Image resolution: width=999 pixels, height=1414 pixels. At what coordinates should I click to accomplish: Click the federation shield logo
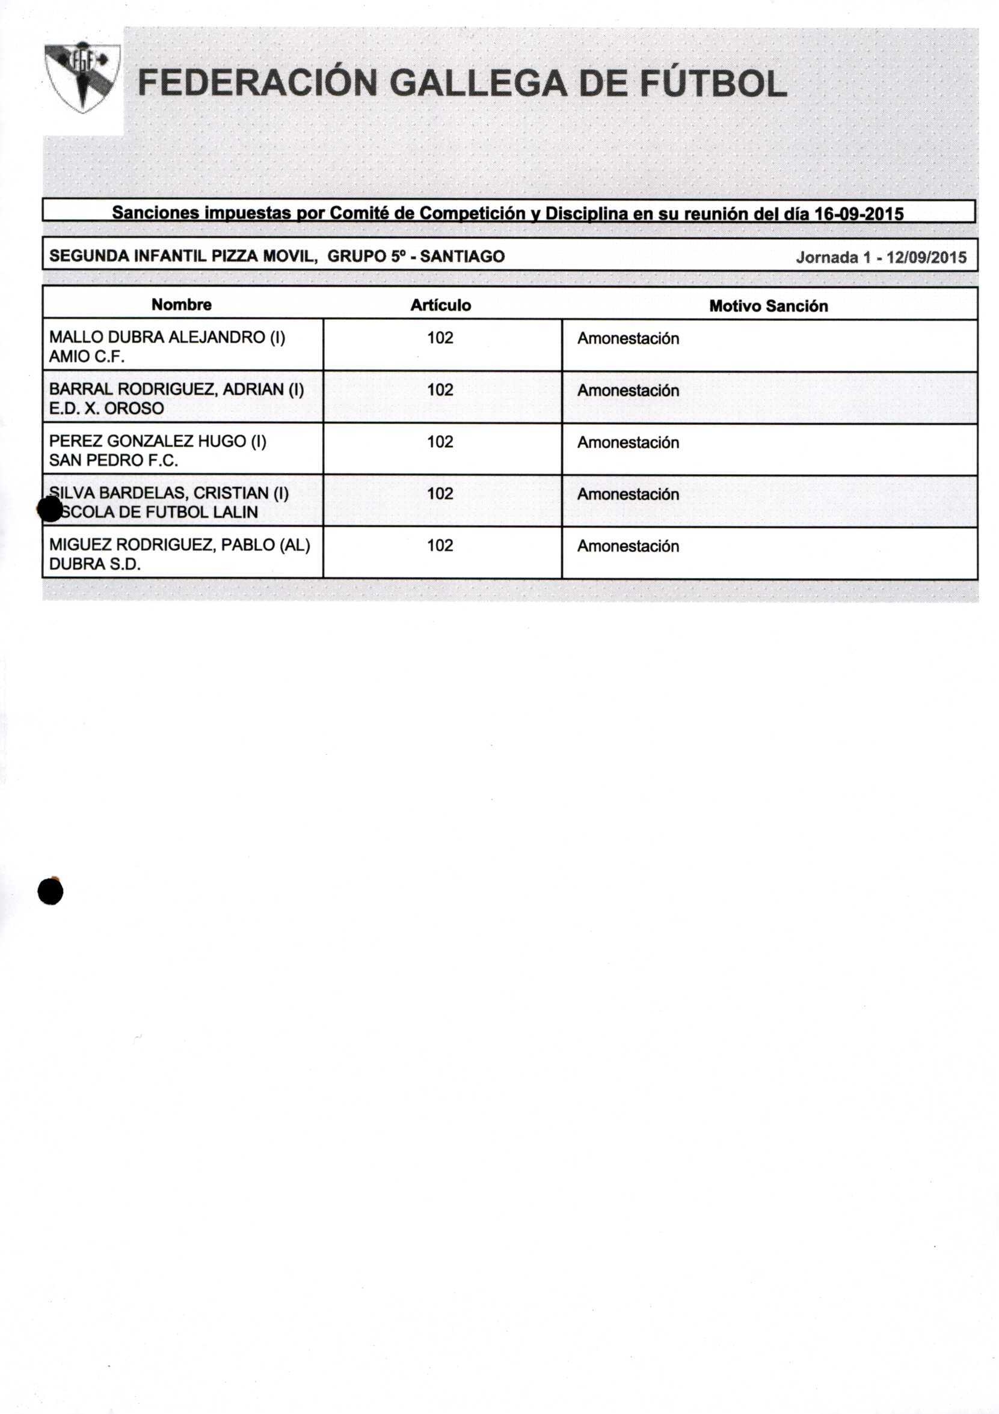82,77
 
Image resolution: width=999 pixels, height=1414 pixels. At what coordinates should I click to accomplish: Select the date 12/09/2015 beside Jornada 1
926,257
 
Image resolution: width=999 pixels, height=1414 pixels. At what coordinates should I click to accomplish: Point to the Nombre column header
181,305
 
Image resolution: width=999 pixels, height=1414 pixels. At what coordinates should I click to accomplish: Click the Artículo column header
441,305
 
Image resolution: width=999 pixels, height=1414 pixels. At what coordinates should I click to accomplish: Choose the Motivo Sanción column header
768,306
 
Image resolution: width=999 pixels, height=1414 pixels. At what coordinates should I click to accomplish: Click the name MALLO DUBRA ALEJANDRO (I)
167,338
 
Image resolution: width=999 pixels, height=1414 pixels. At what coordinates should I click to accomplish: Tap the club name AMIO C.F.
86,356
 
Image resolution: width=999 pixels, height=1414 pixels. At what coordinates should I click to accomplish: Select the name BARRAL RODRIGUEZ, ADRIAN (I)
176,389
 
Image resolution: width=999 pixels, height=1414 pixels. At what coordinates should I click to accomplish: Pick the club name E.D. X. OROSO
106,408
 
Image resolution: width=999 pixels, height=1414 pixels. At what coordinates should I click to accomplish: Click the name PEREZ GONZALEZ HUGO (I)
158,442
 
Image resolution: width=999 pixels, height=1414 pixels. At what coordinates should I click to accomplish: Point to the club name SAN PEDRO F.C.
114,460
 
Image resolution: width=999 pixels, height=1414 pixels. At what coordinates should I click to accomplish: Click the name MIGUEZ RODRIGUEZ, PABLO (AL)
179,545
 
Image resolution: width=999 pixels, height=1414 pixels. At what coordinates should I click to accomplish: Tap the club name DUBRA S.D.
95,564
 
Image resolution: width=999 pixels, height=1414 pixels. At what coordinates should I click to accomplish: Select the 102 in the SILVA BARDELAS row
440,493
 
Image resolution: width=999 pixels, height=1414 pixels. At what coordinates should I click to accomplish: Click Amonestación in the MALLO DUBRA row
628,339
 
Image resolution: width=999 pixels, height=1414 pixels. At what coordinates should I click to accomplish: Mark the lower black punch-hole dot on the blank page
51,891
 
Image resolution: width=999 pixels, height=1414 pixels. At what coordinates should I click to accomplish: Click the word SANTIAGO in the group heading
463,256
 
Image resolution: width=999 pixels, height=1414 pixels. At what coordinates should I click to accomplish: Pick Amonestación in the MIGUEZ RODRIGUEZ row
628,546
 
